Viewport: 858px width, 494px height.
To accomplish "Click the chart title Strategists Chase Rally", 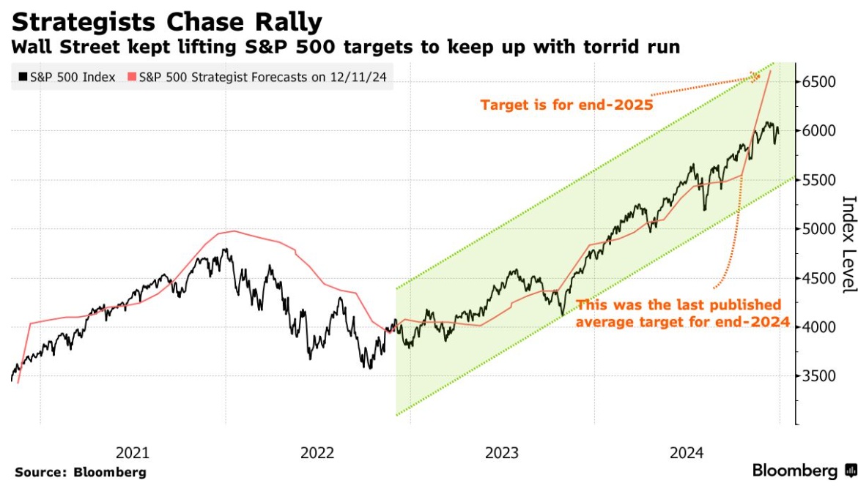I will click(166, 22).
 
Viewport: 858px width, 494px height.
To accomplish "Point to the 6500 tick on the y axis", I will click(818, 82).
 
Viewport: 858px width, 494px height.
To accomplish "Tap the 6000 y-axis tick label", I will click(818, 131).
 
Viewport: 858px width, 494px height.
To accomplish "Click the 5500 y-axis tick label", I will click(818, 180).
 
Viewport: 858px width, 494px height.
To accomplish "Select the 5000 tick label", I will click(818, 229).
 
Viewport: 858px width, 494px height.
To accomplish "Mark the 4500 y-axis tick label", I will click(818, 278).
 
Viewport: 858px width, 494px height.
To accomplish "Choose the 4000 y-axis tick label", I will click(818, 327).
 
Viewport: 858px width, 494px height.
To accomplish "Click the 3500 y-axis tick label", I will click(818, 376).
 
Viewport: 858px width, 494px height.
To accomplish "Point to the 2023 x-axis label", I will click(502, 453).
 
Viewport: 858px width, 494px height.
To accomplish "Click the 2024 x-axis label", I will click(687, 453).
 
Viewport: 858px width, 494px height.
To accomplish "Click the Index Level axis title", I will click(848, 244).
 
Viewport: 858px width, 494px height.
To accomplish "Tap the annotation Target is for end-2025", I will click(566, 105).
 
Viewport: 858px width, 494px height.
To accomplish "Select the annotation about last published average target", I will click(678, 313).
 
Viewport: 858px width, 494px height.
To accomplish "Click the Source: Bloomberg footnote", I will click(81, 473).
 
